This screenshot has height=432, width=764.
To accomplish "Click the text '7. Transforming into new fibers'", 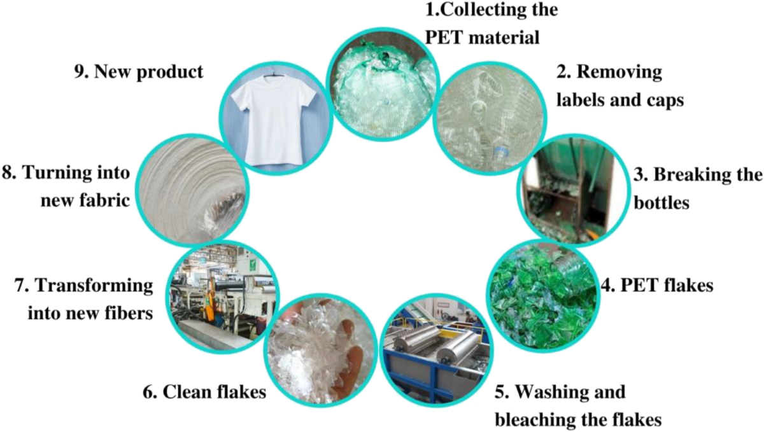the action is [x=83, y=298].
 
